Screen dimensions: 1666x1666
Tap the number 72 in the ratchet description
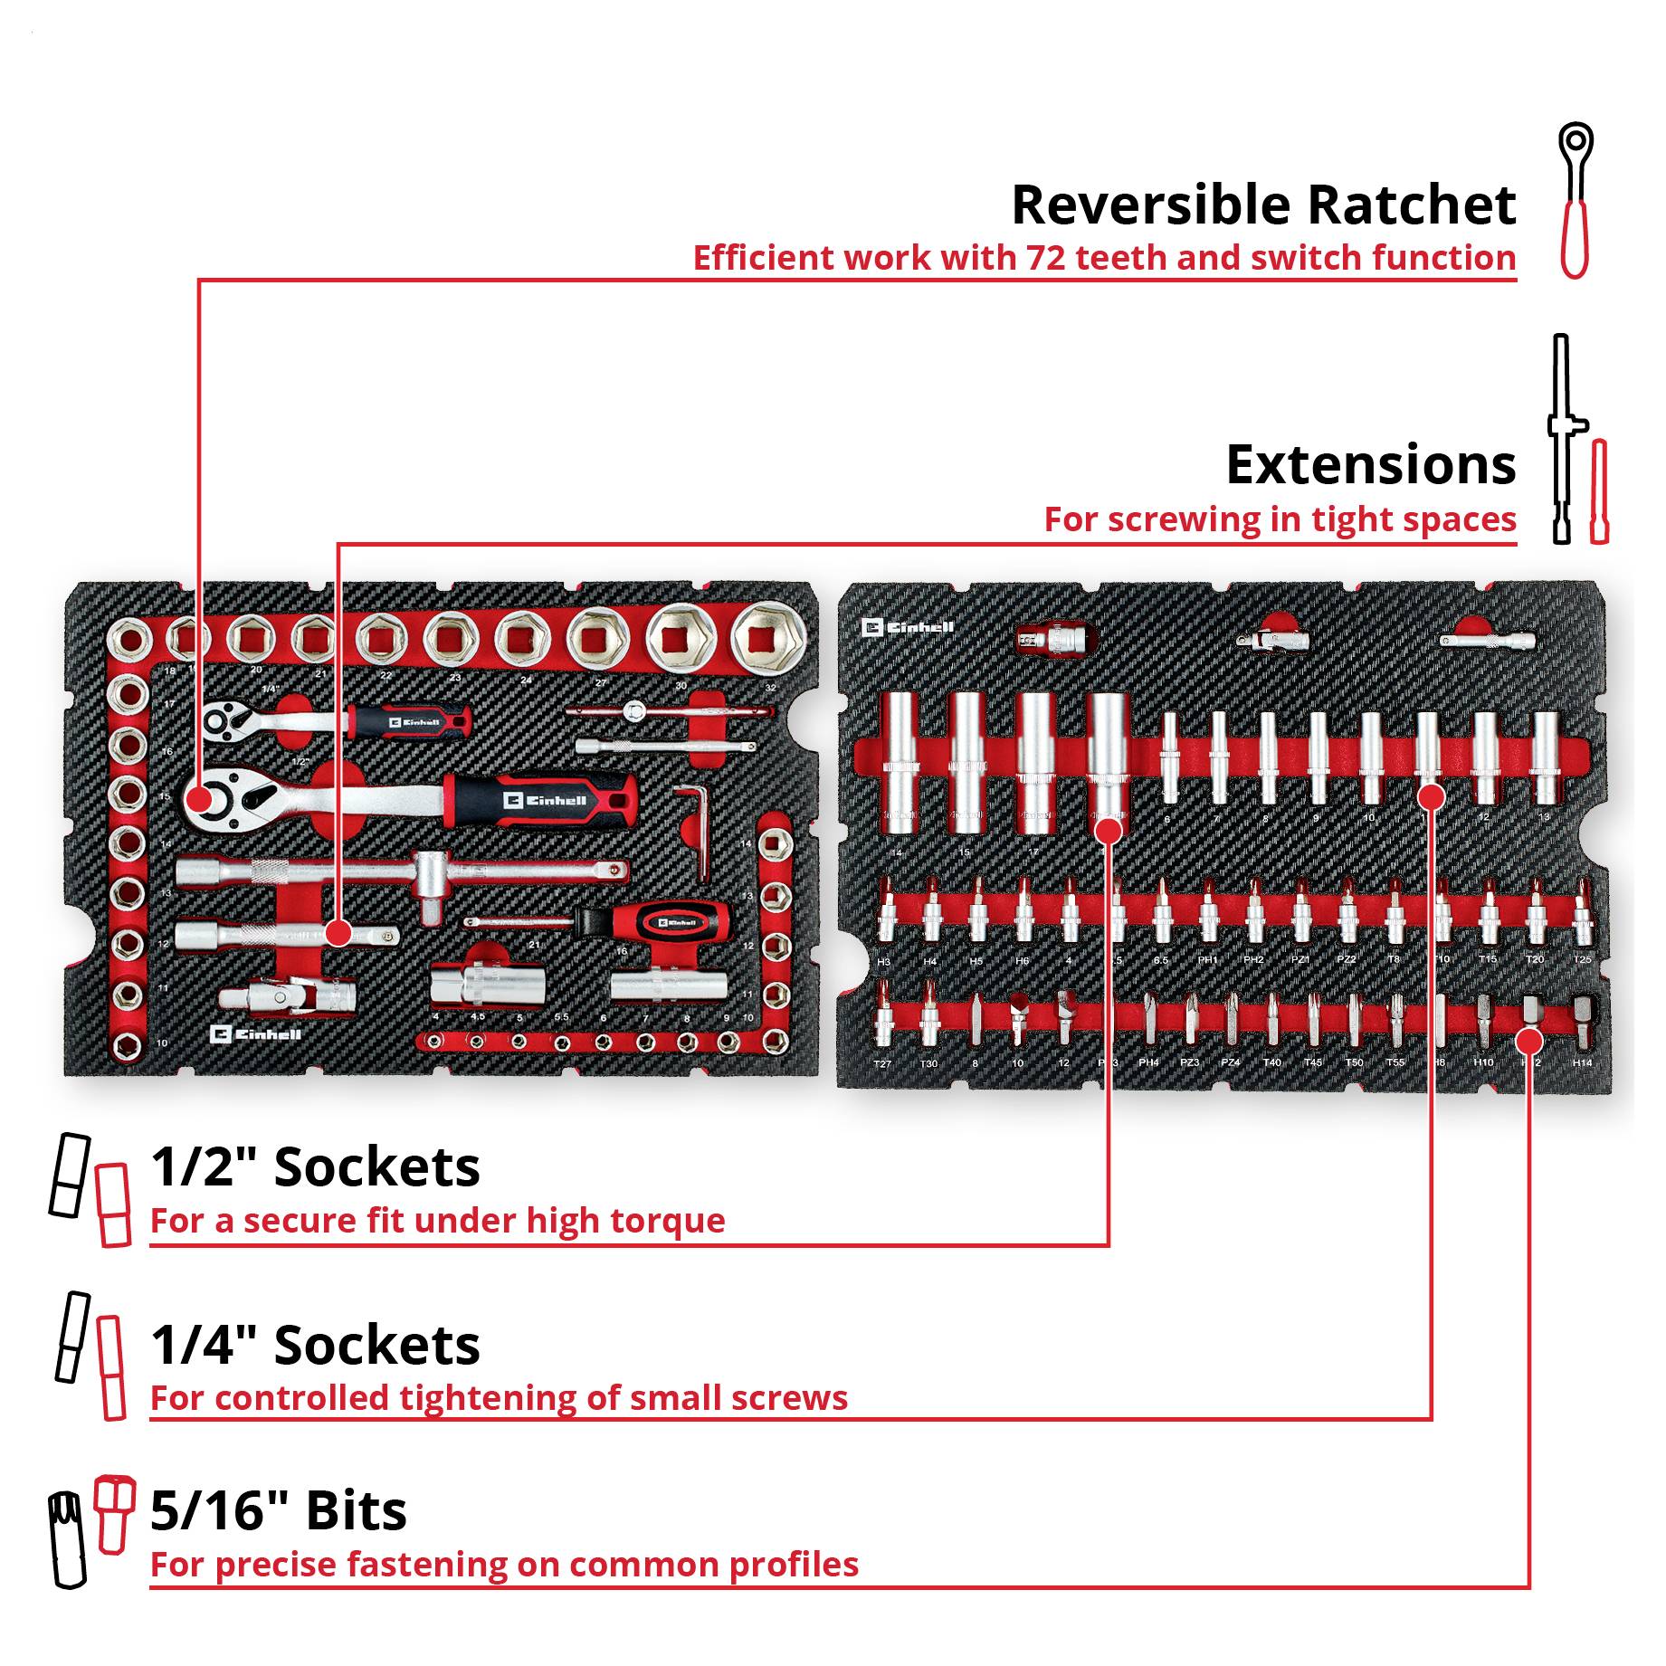[x=1046, y=258]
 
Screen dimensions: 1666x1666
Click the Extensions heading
[x=1370, y=465]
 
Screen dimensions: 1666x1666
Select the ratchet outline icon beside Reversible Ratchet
[x=1575, y=201]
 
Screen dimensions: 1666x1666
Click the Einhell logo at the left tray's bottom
[x=255, y=1033]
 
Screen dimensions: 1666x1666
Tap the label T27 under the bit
[x=882, y=1064]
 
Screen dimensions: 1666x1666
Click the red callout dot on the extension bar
[x=338, y=932]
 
